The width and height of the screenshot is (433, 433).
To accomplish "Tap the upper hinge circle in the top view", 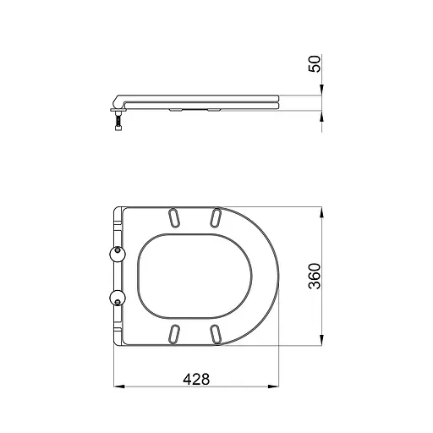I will pos(117,254).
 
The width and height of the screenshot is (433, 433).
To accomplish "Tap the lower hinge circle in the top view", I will pos(117,296).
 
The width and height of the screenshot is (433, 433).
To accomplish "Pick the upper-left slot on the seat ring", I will pos(173,216).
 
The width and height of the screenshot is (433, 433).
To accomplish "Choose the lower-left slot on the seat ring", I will pos(173,332).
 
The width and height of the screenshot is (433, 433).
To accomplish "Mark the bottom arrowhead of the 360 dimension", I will pos(321,341).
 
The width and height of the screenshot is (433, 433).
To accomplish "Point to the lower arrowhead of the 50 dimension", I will pos(321,113).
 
